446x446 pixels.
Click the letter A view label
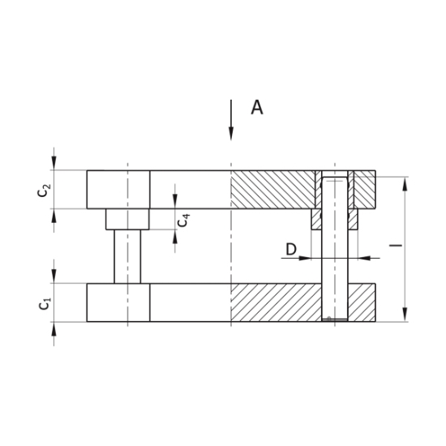[256, 108]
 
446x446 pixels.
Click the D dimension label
[290, 249]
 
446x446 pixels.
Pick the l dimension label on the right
[397, 244]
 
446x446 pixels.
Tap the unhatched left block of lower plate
[118, 302]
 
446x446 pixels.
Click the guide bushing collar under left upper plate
[127, 219]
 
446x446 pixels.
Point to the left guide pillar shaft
[127, 256]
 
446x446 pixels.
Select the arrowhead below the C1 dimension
[54, 328]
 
